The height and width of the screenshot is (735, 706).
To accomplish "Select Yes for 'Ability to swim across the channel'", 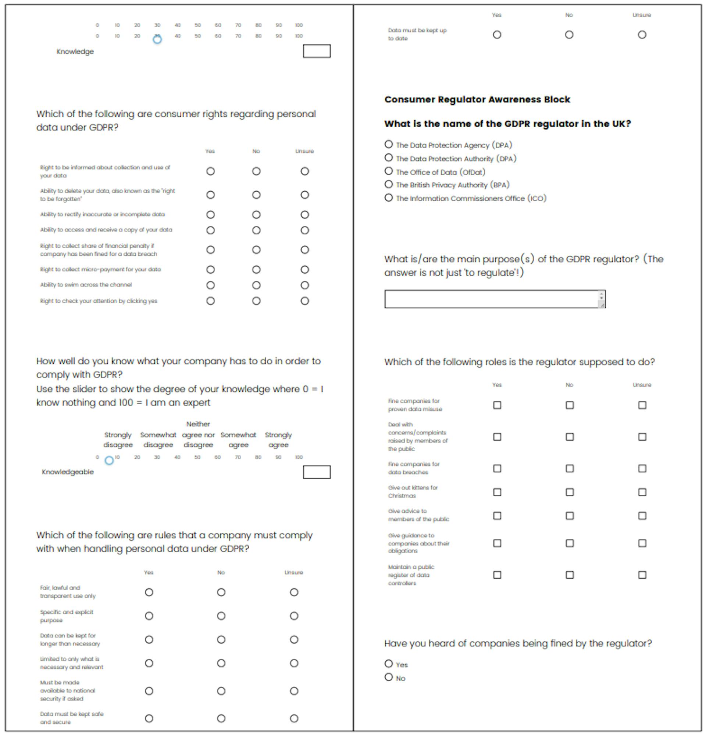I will tap(210, 285).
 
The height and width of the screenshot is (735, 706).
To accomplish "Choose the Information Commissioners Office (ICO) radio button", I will tap(388, 198).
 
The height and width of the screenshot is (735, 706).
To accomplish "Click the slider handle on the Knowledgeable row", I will tap(109, 461).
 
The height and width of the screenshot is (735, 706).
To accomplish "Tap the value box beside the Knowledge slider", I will tap(317, 51).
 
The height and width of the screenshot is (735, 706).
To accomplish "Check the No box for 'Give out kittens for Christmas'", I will tap(570, 492).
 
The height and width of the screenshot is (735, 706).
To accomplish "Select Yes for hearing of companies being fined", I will tap(388, 664).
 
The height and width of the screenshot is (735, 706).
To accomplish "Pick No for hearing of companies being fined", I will tap(388, 677).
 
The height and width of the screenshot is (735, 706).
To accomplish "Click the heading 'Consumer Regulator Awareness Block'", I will tap(477, 99).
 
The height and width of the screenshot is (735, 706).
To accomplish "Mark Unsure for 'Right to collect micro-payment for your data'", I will tap(305, 270).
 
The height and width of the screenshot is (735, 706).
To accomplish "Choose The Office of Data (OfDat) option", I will tap(388, 171).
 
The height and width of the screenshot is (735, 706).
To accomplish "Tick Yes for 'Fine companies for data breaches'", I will tap(497, 468).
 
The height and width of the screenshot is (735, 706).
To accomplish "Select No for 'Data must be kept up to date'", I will tap(569, 35).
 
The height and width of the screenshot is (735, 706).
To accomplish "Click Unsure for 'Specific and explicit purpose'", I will tap(294, 616).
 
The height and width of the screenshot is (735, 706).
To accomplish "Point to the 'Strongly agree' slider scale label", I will tap(278, 440).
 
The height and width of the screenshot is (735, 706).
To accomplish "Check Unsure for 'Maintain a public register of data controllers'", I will tap(642, 575).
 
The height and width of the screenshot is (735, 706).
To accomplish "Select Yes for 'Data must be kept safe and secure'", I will tap(149, 718).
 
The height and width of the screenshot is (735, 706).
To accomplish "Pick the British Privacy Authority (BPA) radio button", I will tap(388, 184).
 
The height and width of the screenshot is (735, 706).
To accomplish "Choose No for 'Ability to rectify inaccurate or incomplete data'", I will tap(256, 215).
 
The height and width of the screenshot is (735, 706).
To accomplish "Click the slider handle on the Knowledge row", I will tap(157, 39).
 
